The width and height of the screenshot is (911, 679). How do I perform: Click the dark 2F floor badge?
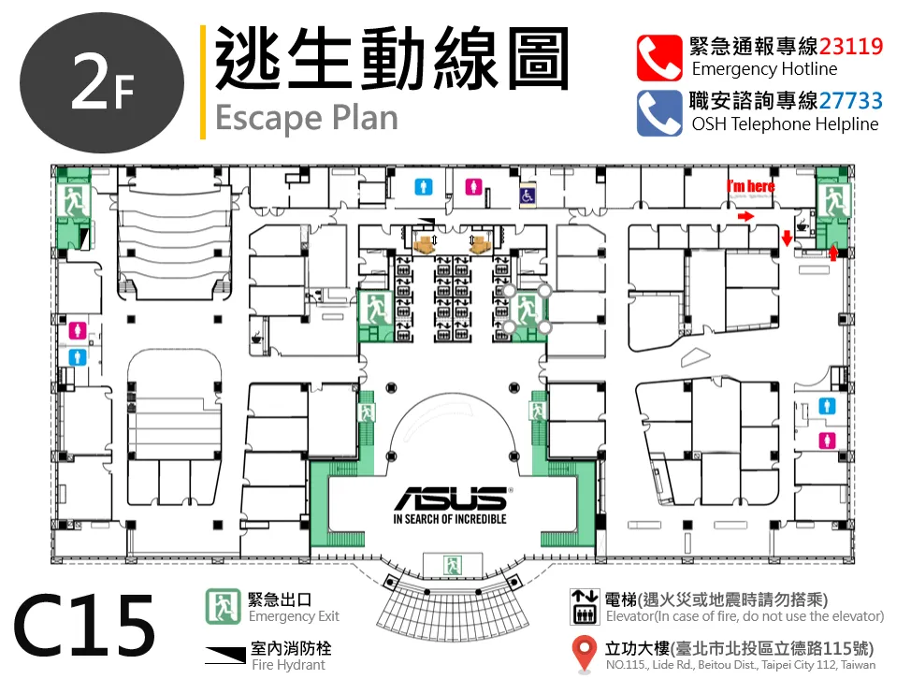click(102, 82)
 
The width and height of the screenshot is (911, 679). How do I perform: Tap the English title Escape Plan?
click(307, 119)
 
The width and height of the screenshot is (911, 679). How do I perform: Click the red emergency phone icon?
click(659, 57)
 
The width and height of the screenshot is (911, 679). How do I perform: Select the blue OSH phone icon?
click(659, 112)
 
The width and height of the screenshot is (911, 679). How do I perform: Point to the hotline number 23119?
click(850, 46)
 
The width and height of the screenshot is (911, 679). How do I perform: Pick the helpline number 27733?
click(850, 101)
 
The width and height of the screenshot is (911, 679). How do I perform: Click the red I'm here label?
click(751, 186)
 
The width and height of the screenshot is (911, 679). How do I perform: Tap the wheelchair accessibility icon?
click(527, 195)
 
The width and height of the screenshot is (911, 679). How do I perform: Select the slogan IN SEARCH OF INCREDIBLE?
click(450, 519)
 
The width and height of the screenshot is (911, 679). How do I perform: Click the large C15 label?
click(85, 626)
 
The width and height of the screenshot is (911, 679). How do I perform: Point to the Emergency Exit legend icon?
click(223, 606)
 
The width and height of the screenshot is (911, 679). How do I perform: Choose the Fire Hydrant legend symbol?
click(225, 655)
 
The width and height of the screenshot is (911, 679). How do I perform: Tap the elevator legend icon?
click(585, 607)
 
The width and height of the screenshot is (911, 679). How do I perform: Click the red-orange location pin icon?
click(584, 653)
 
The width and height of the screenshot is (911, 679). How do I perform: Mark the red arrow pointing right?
click(746, 217)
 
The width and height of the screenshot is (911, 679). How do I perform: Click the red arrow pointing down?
click(787, 238)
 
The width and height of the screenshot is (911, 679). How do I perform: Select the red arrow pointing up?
click(833, 253)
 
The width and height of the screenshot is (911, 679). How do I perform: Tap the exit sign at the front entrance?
click(452, 565)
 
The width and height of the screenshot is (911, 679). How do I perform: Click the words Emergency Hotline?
click(764, 69)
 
